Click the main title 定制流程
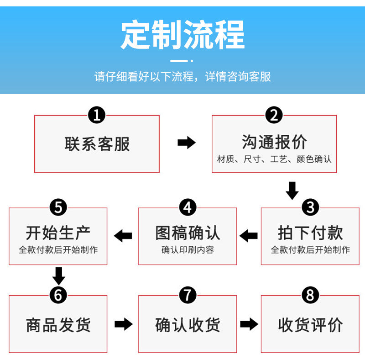point(183,35)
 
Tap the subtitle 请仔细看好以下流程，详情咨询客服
point(183,76)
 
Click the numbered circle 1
point(97,115)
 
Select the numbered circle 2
point(274,115)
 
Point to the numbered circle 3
point(310,207)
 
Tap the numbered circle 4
point(188,207)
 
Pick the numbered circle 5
point(58,207)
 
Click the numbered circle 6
point(58,295)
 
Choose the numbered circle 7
point(188,295)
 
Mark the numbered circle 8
point(310,295)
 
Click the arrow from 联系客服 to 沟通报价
point(187,143)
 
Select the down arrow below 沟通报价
point(292,191)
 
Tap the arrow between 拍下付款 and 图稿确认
point(249,236)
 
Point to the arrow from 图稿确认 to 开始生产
point(123,236)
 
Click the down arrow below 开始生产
point(59,276)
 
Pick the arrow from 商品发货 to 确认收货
point(124,324)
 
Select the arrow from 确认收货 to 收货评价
point(249,324)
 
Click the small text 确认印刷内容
point(188,250)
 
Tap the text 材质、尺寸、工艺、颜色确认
point(274,159)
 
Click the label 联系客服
point(97,144)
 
